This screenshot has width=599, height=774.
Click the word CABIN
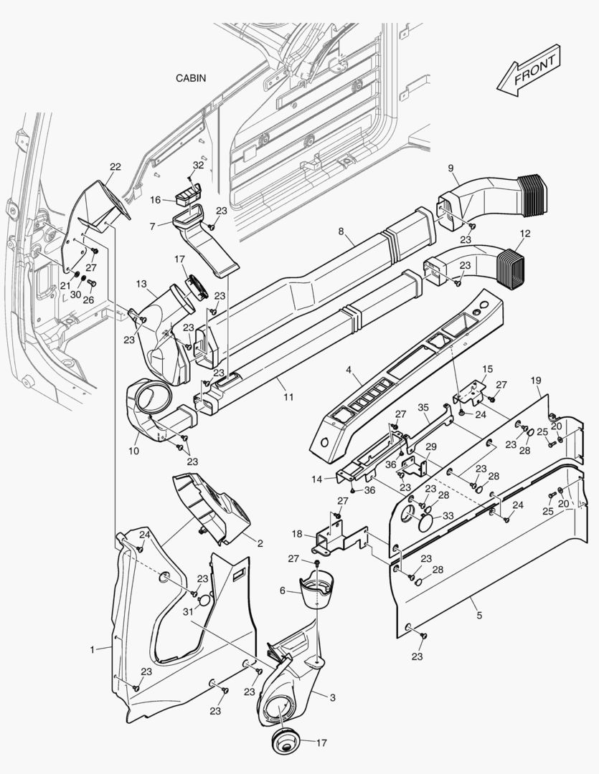tap(191, 77)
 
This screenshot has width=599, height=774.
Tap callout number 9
tap(451, 168)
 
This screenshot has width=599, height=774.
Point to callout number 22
tap(115, 167)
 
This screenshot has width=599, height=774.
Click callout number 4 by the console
tap(348, 371)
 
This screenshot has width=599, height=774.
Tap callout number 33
tap(448, 515)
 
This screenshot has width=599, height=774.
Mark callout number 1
tap(93, 649)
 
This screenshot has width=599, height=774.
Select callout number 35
tap(423, 408)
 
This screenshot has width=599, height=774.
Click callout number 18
tap(297, 534)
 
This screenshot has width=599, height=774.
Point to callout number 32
tap(198, 165)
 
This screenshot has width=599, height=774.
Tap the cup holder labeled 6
tap(317, 589)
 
